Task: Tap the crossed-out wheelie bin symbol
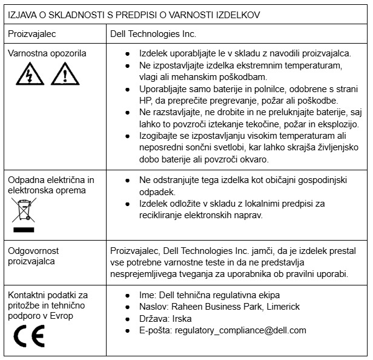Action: (x=24, y=214)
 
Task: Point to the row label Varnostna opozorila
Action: (x=47, y=53)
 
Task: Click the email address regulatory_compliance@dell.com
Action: (x=240, y=330)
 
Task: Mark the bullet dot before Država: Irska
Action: (x=127, y=319)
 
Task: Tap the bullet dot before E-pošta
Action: (x=127, y=330)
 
